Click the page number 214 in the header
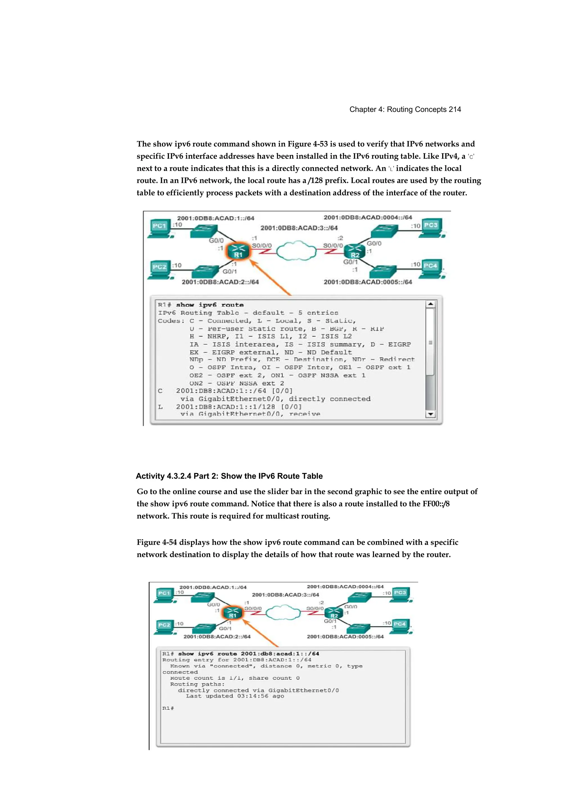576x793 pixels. (455, 109)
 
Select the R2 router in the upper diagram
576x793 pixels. (355, 251)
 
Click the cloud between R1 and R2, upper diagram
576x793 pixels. (296, 250)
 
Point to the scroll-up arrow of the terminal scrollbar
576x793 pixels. (431, 304)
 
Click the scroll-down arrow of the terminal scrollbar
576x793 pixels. (431, 414)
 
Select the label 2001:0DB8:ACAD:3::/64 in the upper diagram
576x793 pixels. (299, 228)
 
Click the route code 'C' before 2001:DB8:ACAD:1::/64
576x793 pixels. (160, 391)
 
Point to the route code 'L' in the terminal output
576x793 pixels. (160, 407)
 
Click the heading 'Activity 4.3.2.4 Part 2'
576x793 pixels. (229, 476)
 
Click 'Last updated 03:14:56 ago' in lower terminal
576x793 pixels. (235, 696)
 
